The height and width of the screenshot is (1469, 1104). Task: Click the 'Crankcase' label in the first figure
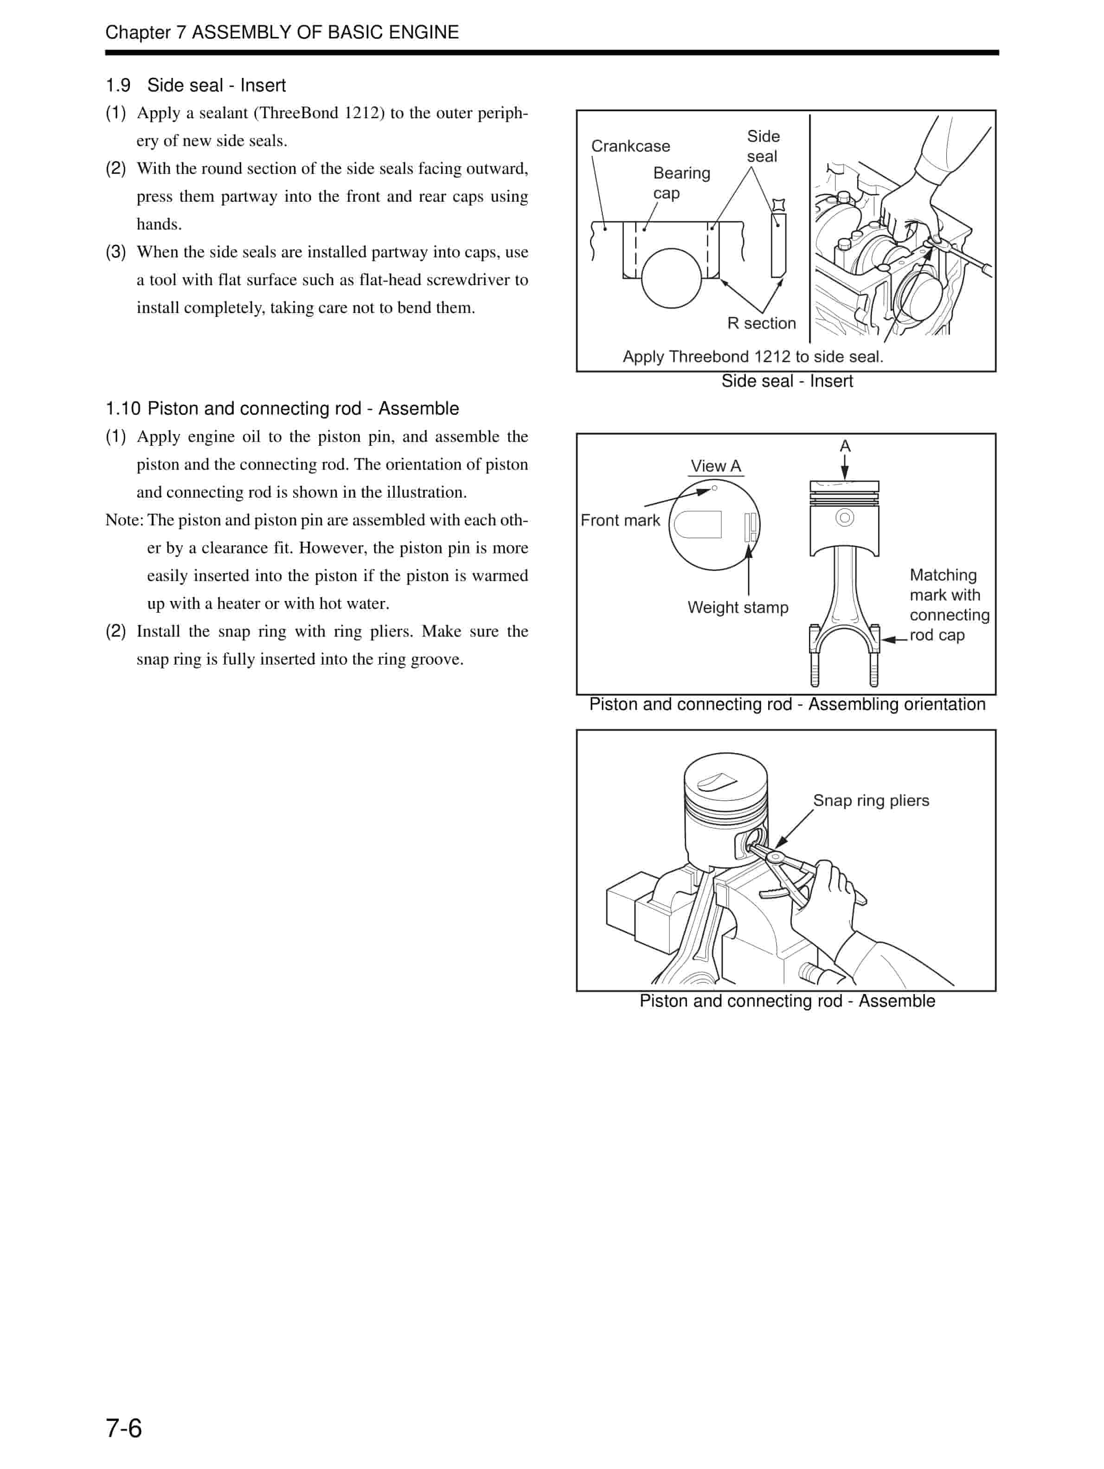click(630, 146)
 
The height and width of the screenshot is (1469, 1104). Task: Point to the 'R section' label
click(761, 323)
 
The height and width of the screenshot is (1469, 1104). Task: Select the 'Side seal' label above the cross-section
click(763, 146)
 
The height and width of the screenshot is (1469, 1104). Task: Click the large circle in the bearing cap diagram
click(671, 278)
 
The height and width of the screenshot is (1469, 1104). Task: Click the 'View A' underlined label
click(715, 466)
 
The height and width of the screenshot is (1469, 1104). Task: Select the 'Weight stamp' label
click(738, 607)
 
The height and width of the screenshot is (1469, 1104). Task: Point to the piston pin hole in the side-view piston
click(844, 517)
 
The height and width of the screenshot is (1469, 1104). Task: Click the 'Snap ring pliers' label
click(870, 800)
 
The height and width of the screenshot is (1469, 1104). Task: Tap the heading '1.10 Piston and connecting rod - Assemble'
click(282, 409)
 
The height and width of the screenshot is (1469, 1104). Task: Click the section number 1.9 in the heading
click(118, 86)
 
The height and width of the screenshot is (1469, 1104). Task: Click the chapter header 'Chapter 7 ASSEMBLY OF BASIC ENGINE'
click(282, 32)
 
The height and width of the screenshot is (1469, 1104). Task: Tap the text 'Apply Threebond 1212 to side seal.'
click(752, 357)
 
